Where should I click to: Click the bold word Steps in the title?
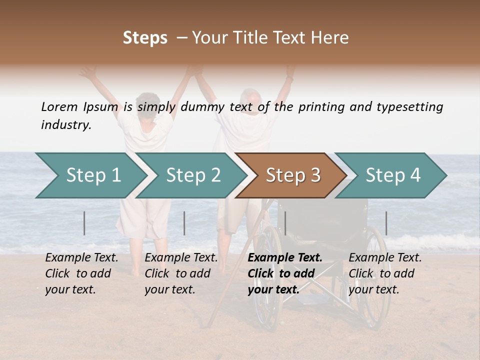(145, 38)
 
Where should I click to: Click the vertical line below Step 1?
(84, 223)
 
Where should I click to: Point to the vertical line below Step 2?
(184, 223)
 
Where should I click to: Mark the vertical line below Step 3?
(285, 223)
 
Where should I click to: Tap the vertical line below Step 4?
(386, 223)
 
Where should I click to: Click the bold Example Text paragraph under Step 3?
(284, 273)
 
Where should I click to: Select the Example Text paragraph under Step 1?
(81, 273)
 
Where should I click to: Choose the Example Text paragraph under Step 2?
(181, 273)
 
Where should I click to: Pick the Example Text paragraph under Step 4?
(385, 273)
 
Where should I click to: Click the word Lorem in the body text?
(59, 107)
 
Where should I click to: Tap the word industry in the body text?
(66, 125)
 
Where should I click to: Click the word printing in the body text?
(320, 107)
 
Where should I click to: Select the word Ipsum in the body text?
(101, 107)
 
